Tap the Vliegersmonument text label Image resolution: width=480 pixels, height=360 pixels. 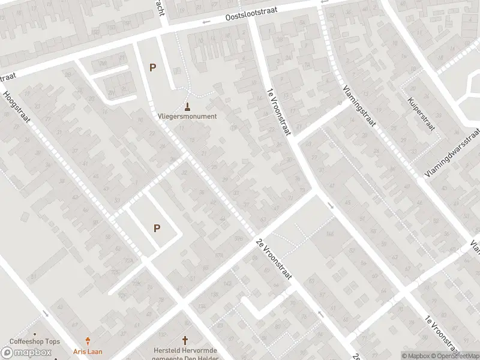click(x=187, y=116)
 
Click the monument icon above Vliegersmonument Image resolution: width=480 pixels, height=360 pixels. click(x=188, y=107)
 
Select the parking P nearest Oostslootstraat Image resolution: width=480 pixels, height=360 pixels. click(x=152, y=68)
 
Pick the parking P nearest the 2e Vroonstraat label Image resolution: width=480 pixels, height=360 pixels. click(x=157, y=228)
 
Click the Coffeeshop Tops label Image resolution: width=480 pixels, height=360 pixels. click(x=35, y=342)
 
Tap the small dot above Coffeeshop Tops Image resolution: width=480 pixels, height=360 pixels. click(x=35, y=334)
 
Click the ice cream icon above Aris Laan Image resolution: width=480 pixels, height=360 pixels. click(x=89, y=341)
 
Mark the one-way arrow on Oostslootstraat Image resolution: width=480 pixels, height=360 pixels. click(x=206, y=22)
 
